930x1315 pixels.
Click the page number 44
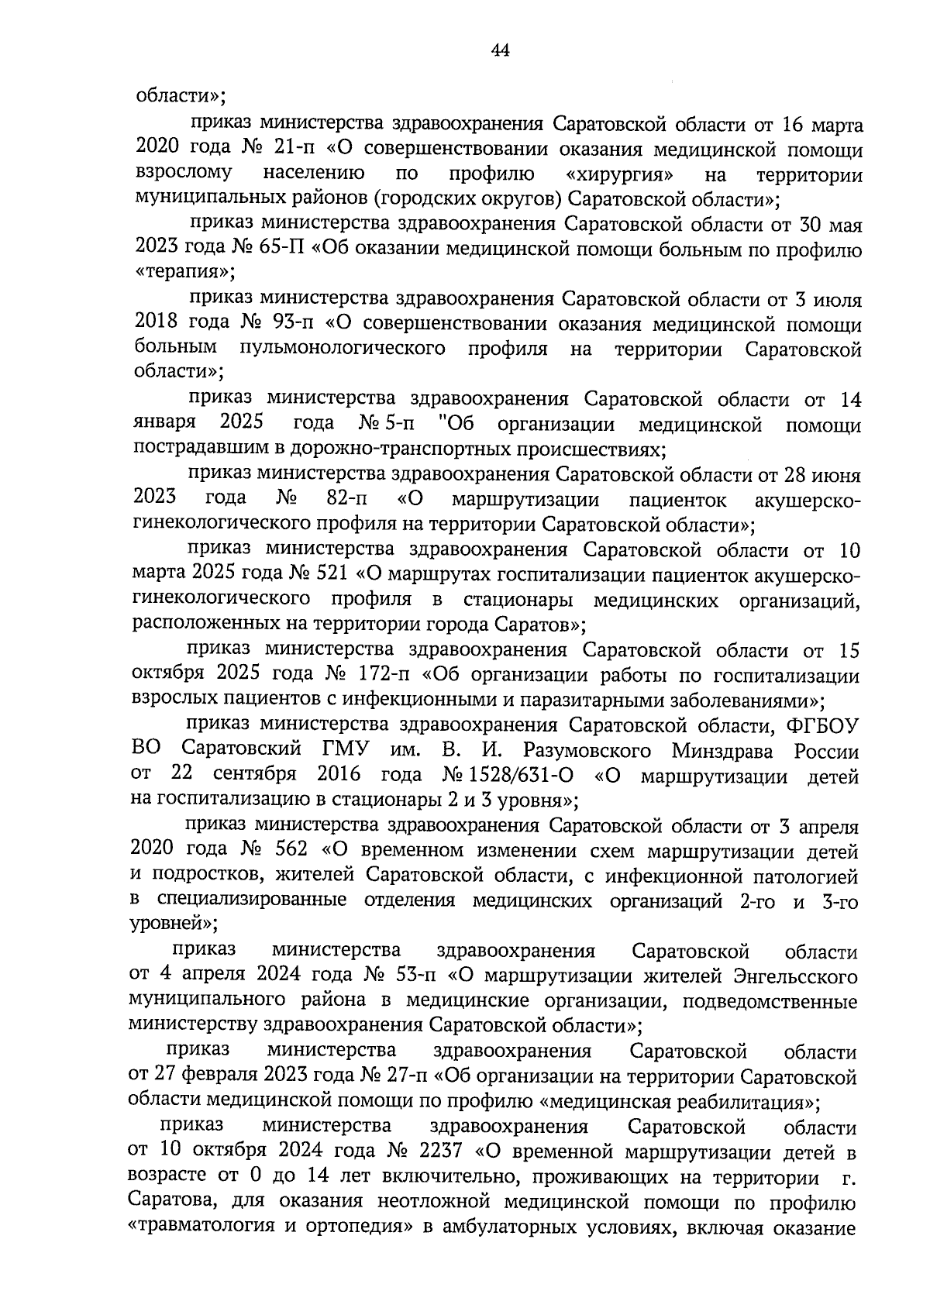click(x=500, y=51)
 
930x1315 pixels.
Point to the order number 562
click(x=292, y=850)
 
